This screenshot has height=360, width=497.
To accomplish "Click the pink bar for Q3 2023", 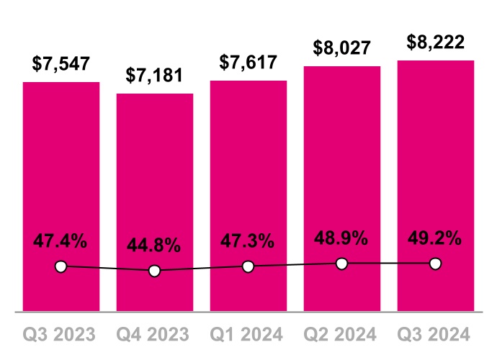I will coord(61,173).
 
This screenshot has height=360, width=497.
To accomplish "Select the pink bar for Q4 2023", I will coord(155,180).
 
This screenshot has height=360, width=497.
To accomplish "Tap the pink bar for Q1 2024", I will coord(248,173).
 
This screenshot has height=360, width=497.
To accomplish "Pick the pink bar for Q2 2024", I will coord(342,166).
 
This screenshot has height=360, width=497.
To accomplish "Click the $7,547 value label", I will coord(61,63).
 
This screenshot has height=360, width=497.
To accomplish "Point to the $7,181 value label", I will coord(155,75).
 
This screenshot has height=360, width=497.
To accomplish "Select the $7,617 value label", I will coord(248,63).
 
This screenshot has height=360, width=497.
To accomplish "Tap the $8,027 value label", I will coord(342,48).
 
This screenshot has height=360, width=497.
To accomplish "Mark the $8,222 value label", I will coord(436,42).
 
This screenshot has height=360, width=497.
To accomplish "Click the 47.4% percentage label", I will coord(61,241).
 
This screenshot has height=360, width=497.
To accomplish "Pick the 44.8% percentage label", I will coord(155,246).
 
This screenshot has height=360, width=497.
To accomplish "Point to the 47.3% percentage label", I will coord(248,242).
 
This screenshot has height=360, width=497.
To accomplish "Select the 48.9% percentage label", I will coord(342,238).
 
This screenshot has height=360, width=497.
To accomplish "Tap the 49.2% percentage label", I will coord(436,238).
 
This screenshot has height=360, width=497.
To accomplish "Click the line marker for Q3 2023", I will coord(61,267).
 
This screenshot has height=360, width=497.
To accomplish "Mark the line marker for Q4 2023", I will coord(155,271).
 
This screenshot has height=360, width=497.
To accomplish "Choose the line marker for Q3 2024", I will coord(436,264).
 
